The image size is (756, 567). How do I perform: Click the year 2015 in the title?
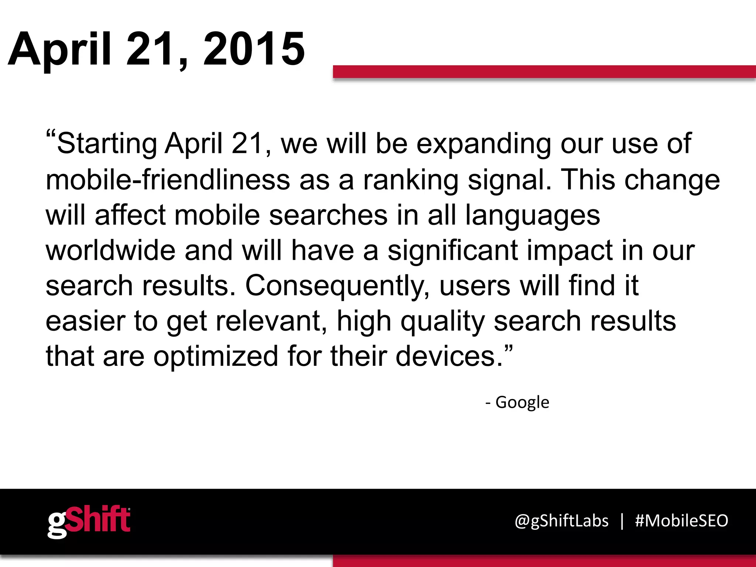click(x=254, y=49)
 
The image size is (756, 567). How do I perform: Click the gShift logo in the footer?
click(x=89, y=521)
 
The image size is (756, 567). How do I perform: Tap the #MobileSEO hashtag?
click(x=681, y=521)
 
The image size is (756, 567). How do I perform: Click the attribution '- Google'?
click(x=517, y=402)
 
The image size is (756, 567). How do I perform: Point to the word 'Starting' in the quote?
click(x=107, y=144)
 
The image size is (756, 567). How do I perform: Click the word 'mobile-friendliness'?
click(x=168, y=180)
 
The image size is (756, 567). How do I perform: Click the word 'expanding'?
click(x=484, y=144)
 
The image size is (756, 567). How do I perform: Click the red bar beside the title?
click(x=544, y=72)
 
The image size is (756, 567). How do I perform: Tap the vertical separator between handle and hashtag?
click(x=622, y=521)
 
